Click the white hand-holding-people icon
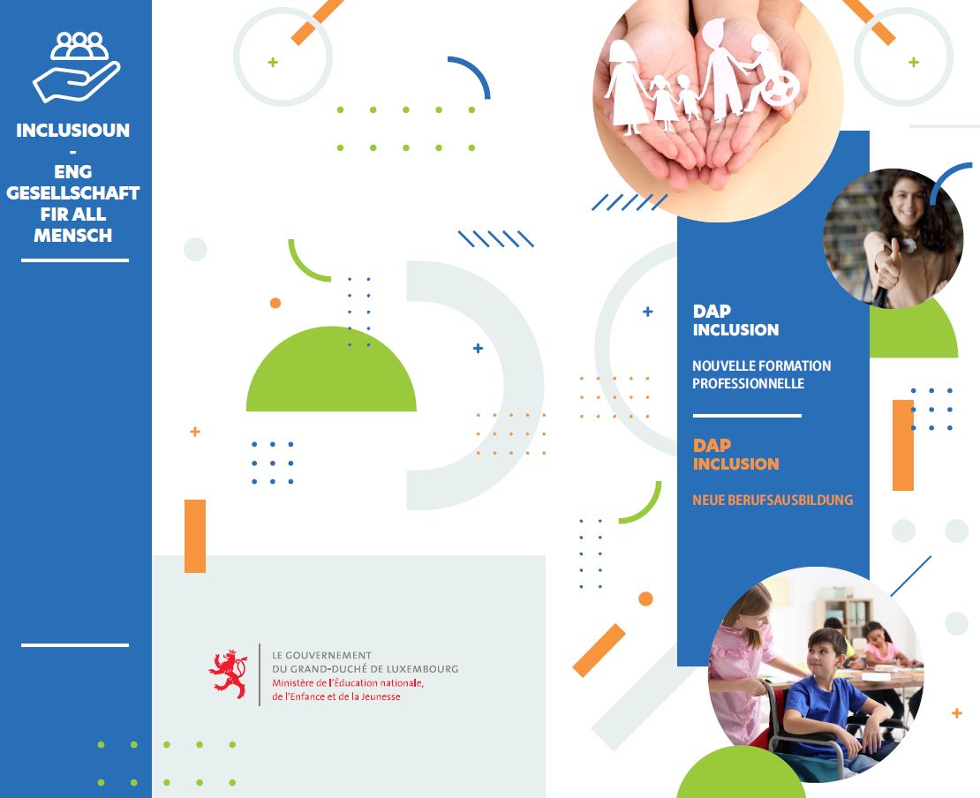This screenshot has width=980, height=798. coord(76,67)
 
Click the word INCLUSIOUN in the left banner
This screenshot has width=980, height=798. coord(73,130)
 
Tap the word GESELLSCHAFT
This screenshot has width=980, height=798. coord(73,192)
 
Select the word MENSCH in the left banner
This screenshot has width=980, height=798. coord(73,235)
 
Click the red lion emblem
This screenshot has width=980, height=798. coord(228,674)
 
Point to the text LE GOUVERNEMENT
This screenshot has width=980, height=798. coord(321,655)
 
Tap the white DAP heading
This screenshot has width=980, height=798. coord(712,311)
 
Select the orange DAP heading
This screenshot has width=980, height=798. coord(712,445)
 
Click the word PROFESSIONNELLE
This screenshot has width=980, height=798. coord(748,383)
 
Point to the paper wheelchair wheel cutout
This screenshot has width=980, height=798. coord(780,87)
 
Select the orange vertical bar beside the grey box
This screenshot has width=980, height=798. coord(195,536)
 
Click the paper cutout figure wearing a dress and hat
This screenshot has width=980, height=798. coord(626,87)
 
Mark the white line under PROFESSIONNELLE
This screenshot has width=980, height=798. coord(747,416)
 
